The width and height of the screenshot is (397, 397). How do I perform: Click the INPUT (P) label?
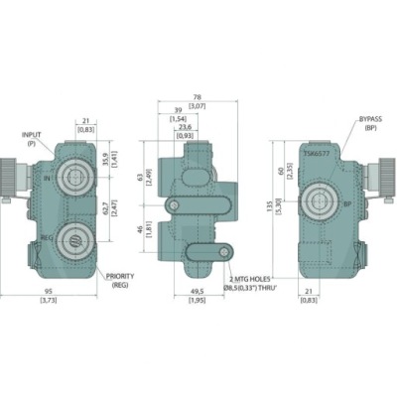pyautogui.click(x=36, y=139)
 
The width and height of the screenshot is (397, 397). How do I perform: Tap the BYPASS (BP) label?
pyautogui.click(x=369, y=122)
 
